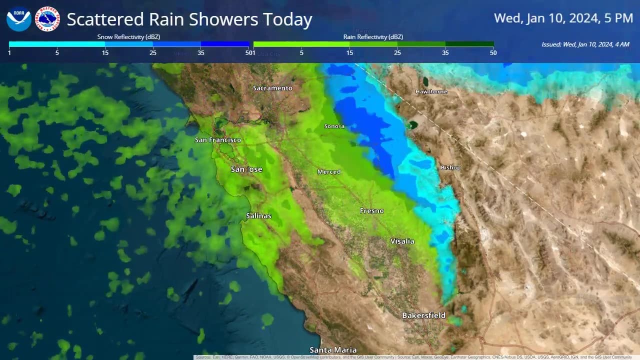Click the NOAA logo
[19, 19]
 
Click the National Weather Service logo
[48, 19]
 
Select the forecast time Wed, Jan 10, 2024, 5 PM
[563, 18]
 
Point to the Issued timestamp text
[585, 44]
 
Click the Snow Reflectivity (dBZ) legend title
[128, 37]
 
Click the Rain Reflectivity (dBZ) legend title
[373, 37]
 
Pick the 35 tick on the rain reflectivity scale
[445, 52]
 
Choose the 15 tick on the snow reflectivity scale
[105, 52]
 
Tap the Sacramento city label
[272, 88]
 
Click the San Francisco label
[218, 140]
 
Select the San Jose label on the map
[246, 169]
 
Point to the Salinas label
[258, 216]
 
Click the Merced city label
[329, 172]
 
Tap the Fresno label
[372, 211]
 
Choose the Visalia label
[402, 241]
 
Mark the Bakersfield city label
[424, 315]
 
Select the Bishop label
[450, 167]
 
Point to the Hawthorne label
[431, 92]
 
